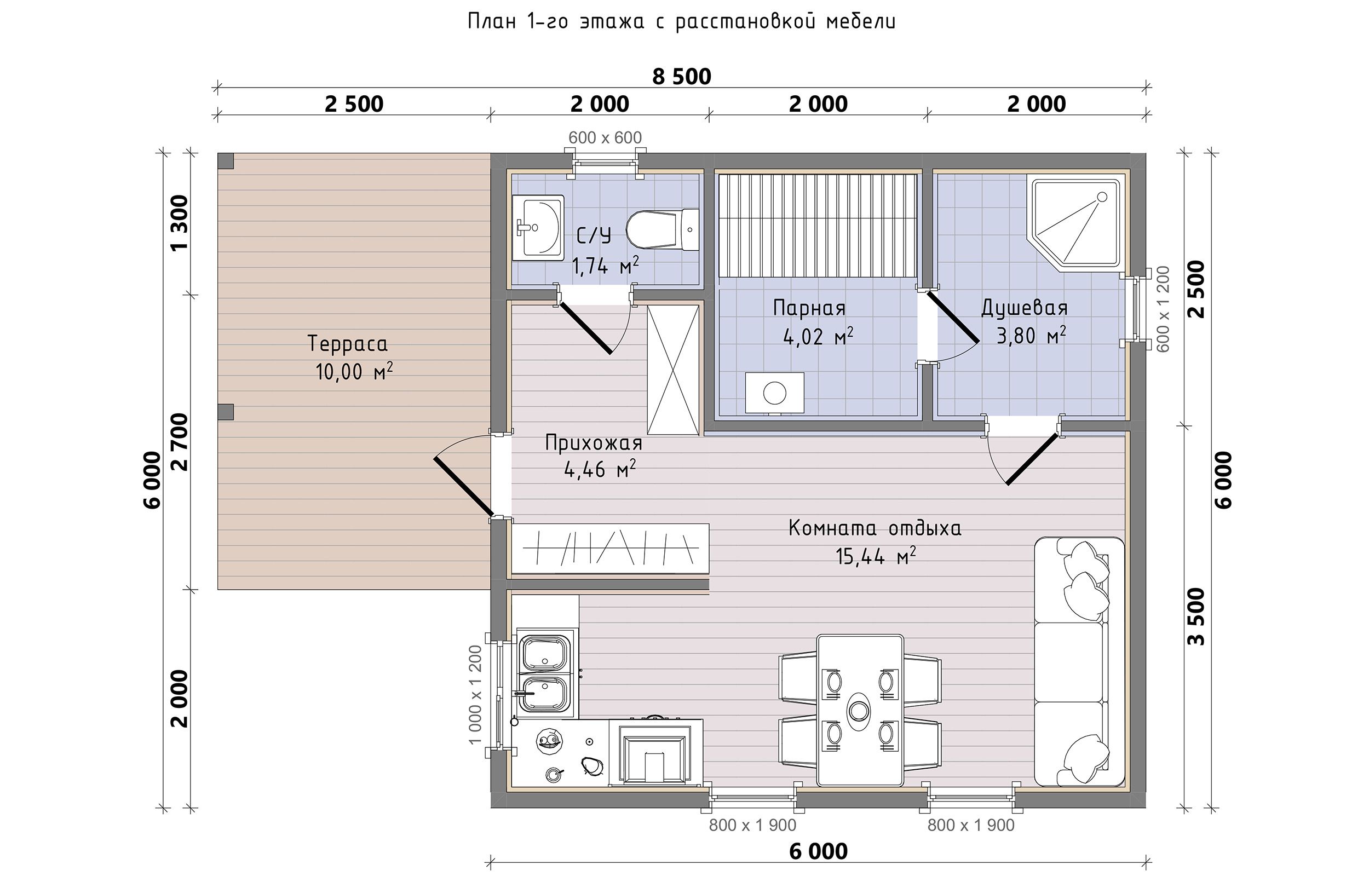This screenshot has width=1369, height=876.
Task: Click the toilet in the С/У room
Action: [x=663, y=230]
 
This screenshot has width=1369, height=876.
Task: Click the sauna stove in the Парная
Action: [x=775, y=393]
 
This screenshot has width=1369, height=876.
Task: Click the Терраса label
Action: [x=348, y=344]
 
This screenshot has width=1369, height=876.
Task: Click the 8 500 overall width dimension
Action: [x=681, y=77]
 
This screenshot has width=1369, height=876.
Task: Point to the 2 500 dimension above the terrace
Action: [x=354, y=105]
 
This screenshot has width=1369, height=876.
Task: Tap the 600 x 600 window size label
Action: [x=605, y=137]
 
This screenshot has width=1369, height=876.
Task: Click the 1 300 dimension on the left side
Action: [x=179, y=222]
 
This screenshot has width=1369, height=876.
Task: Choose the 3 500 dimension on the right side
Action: [x=1197, y=616]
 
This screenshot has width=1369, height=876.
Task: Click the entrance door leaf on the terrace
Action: [x=463, y=486]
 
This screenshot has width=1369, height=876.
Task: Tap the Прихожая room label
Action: [x=594, y=442]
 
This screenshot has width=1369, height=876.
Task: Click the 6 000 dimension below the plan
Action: [x=819, y=851]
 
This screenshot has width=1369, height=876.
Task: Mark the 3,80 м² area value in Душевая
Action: [x=1031, y=336]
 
